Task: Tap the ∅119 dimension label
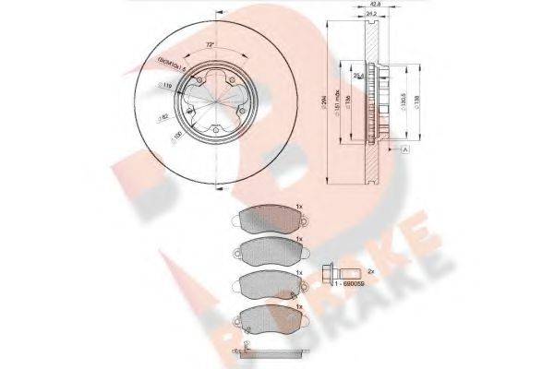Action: [x=166, y=85]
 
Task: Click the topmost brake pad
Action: [x=267, y=219]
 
